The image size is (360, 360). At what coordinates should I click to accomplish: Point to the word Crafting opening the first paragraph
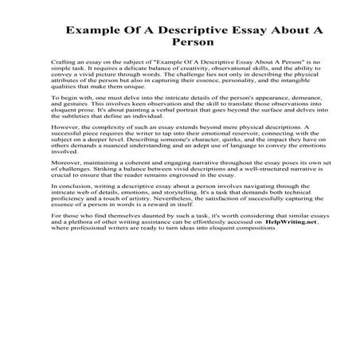(x=61, y=61)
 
